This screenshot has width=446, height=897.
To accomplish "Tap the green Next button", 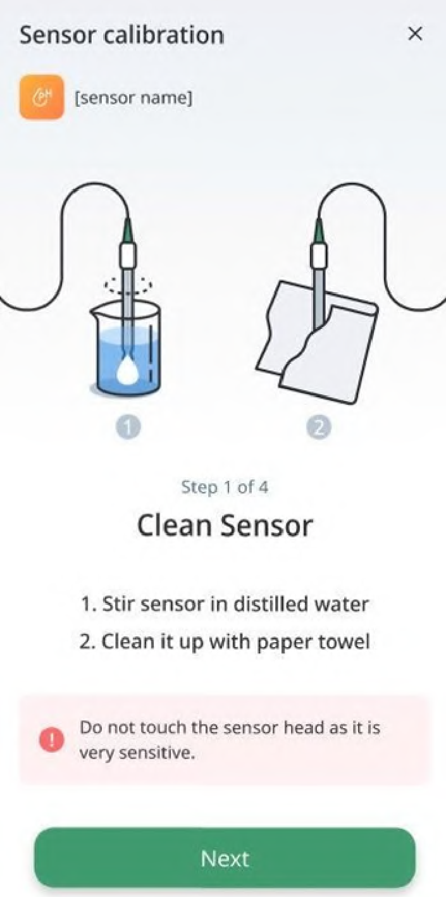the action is coord(225,858).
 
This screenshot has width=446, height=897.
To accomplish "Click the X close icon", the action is coord(415,34).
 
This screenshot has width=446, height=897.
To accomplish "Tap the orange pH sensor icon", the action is coord(42,97).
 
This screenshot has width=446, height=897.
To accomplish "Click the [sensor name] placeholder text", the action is coord(133,97).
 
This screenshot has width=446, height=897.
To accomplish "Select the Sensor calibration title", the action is coord(121,35).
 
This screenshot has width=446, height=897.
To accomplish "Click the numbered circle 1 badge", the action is coord(128,428).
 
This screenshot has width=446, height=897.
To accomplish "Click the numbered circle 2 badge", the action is coord(319,428).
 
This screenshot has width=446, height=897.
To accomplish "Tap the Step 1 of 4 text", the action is coord(225,487).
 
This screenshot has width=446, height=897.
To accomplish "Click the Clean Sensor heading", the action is coord(225,526).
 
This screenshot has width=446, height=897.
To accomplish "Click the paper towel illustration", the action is coord(317,342).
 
